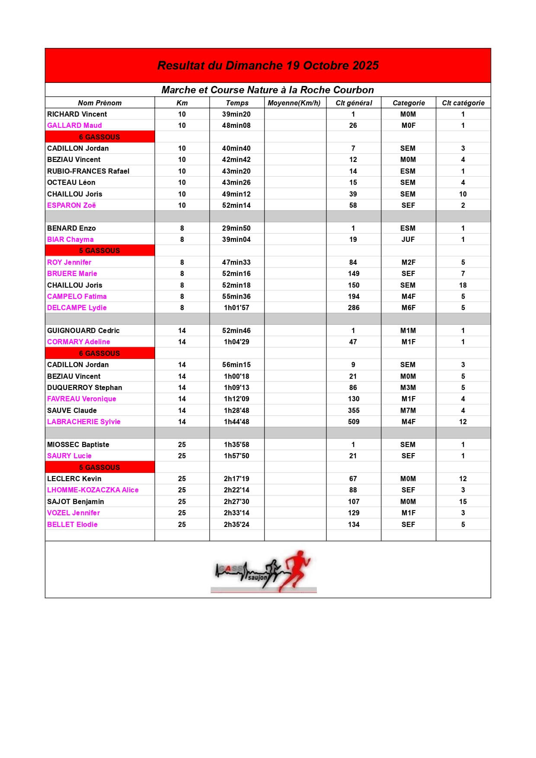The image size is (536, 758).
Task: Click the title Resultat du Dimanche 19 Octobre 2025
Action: point(268,66)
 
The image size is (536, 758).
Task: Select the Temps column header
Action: point(237,103)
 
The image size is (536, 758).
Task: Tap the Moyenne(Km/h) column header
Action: point(294,103)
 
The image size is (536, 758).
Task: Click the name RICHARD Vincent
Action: point(77,114)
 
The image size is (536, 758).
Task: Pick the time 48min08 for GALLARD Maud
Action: point(236,125)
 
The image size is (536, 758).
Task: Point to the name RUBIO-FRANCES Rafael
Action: point(88,171)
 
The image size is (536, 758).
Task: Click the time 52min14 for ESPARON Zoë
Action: point(236,205)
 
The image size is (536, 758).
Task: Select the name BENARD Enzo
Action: point(71,228)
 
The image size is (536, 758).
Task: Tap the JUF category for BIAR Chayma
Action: point(408,239)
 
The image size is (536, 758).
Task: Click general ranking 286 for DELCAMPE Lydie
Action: point(354,308)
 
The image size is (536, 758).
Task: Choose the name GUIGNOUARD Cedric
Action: point(83,330)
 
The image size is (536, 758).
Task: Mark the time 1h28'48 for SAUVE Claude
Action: point(236,410)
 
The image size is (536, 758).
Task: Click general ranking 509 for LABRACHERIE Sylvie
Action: point(354,422)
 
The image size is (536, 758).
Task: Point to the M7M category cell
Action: point(408,410)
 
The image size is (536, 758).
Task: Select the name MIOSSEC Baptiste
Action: point(78,444)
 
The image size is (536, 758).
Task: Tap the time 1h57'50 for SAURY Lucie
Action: point(236,456)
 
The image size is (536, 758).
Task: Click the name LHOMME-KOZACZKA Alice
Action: point(93,490)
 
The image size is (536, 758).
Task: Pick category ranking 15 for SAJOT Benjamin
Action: point(463,501)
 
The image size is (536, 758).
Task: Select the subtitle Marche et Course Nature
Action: point(268,90)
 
